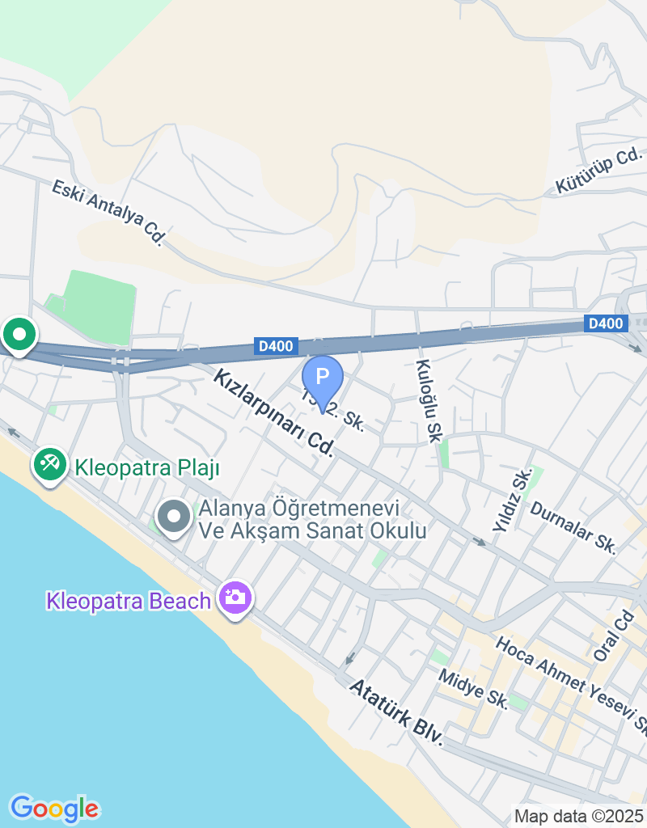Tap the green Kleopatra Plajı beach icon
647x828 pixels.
click(x=49, y=464)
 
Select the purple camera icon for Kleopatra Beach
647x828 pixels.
click(x=235, y=598)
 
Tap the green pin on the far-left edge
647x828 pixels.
click(x=18, y=333)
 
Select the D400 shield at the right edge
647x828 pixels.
click(x=606, y=323)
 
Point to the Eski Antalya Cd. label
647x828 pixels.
click(x=108, y=212)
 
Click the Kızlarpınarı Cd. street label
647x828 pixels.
click(x=275, y=412)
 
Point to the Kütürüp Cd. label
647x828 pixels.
click(x=598, y=171)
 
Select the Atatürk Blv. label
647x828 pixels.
click(x=397, y=712)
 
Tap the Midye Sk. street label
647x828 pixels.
click(x=474, y=689)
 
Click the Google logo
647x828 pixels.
click(x=54, y=808)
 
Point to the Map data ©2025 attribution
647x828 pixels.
click(x=578, y=817)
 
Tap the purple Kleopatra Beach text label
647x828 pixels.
click(x=129, y=602)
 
